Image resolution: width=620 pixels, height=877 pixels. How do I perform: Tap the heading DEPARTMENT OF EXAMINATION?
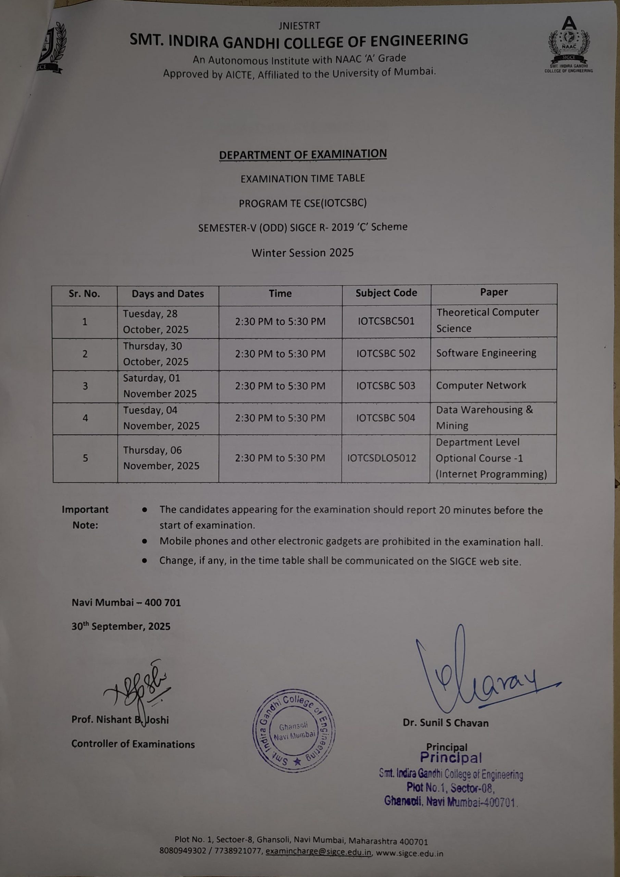[302, 154]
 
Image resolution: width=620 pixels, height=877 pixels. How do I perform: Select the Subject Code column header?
[386, 293]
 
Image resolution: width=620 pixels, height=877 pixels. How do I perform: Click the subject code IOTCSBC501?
[386, 321]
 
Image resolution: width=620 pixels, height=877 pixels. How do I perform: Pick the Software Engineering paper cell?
[486, 353]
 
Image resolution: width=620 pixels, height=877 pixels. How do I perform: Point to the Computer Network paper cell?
[481, 385]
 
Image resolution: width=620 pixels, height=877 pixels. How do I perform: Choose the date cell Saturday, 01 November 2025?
[160, 386]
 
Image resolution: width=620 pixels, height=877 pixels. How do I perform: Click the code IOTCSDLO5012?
[381, 458]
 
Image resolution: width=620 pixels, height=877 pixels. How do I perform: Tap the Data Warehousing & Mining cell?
[484, 418]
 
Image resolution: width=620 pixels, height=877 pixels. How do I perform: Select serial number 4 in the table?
[85, 418]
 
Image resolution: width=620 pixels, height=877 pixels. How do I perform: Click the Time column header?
[280, 293]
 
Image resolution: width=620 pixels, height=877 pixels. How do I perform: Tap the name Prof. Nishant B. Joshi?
[120, 720]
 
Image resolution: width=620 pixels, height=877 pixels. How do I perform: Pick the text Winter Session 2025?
[302, 252]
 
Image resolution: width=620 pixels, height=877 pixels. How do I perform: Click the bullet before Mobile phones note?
[145, 541]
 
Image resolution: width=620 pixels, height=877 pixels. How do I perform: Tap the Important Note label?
[85, 517]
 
